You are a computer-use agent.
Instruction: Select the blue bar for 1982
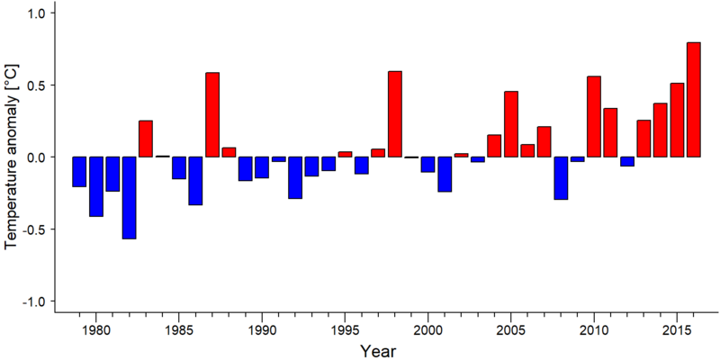coord(129,198)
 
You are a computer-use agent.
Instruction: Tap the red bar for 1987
coord(212,115)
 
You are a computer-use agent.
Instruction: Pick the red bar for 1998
coord(395,114)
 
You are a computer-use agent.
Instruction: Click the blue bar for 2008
coord(561,178)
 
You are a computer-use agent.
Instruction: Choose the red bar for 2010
coord(594,117)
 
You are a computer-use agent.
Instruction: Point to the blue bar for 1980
coord(96,186)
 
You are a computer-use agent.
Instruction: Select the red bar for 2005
coord(510,124)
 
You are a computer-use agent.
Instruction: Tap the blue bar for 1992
coord(295,177)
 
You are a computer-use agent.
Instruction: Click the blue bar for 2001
coord(445,174)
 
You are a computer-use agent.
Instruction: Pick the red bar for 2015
coord(677,120)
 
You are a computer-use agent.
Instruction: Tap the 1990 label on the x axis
coord(262,330)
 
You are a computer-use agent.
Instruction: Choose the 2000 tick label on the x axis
coord(428,330)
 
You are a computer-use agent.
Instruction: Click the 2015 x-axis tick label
coord(677,330)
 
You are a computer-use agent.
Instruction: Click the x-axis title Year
coord(377,350)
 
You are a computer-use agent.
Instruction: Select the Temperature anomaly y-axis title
coord(11,156)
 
